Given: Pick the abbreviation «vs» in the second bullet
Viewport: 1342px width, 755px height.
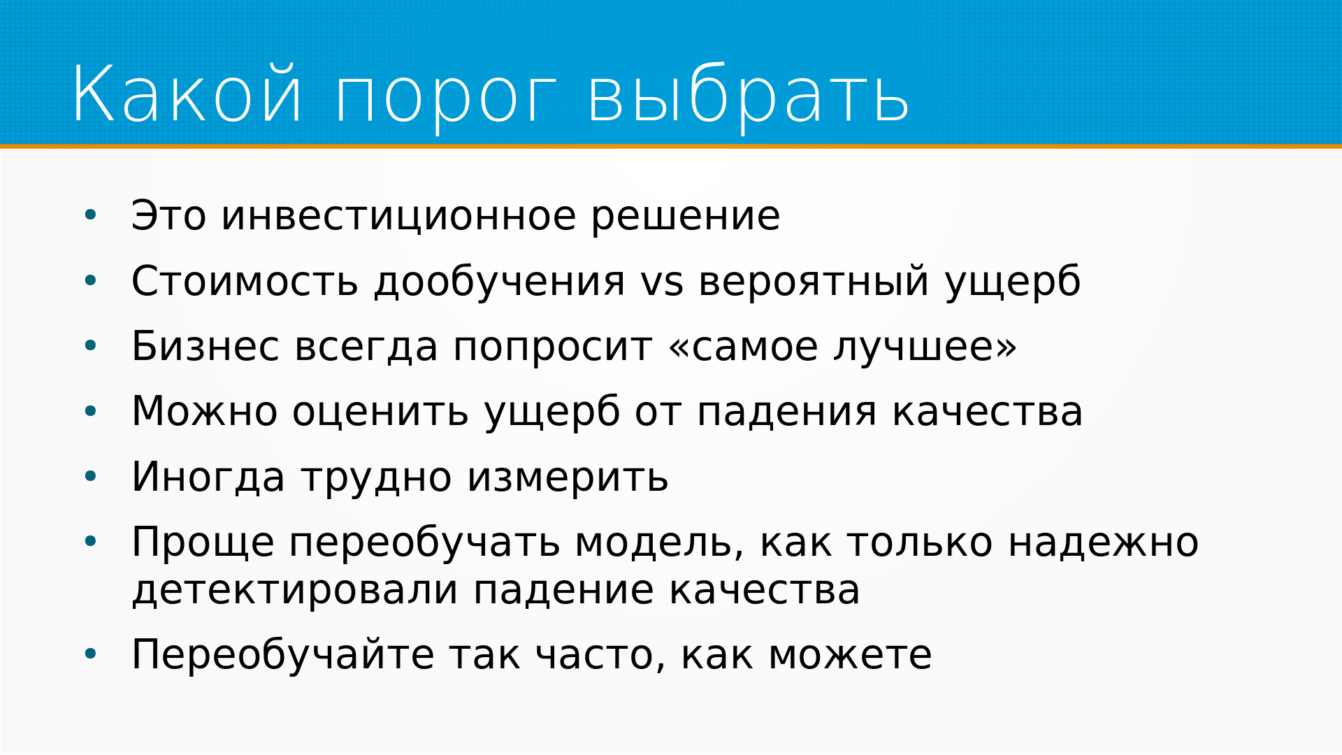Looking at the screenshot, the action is (662, 282).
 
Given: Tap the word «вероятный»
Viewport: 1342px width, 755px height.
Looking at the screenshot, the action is (814, 282).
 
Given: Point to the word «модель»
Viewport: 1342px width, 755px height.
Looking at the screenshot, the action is (659, 543).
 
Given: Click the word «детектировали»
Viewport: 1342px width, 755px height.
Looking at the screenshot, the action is (295, 591).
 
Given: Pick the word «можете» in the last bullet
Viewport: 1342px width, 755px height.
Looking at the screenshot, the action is (850, 656).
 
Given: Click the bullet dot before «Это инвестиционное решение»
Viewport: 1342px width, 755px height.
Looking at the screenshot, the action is (90, 215).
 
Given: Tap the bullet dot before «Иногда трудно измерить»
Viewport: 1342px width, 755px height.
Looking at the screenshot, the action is (90, 477).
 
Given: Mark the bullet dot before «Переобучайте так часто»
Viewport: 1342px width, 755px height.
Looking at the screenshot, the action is (90, 654).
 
